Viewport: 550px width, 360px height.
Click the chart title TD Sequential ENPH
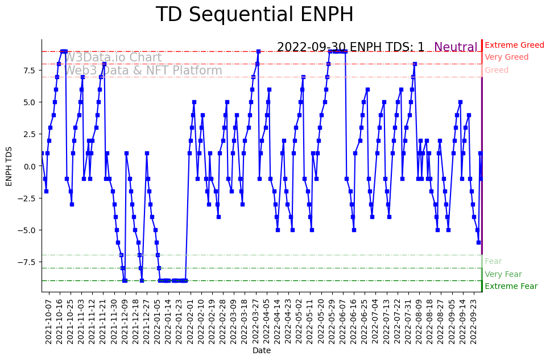pyautogui.click(x=254, y=15)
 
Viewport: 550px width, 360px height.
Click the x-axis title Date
pyautogui.click(x=262, y=351)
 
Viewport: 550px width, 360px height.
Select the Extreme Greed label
pyautogui.click(x=514, y=45)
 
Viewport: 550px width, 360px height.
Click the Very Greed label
pyautogui.click(x=506, y=57)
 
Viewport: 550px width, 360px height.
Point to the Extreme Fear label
pyautogui.click(x=511, y=287)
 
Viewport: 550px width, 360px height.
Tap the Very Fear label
pyautogui.click(x=503, y=275)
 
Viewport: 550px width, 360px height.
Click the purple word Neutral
pyautogui.click(x=456, y=48)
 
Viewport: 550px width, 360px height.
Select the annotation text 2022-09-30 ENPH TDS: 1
pyautogui.click(x=350, y=48)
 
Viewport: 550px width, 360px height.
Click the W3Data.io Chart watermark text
pyautogui.click(x=113, y=57)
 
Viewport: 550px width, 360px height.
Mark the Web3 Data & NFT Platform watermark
pyautogui.click(x=143, y=71)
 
